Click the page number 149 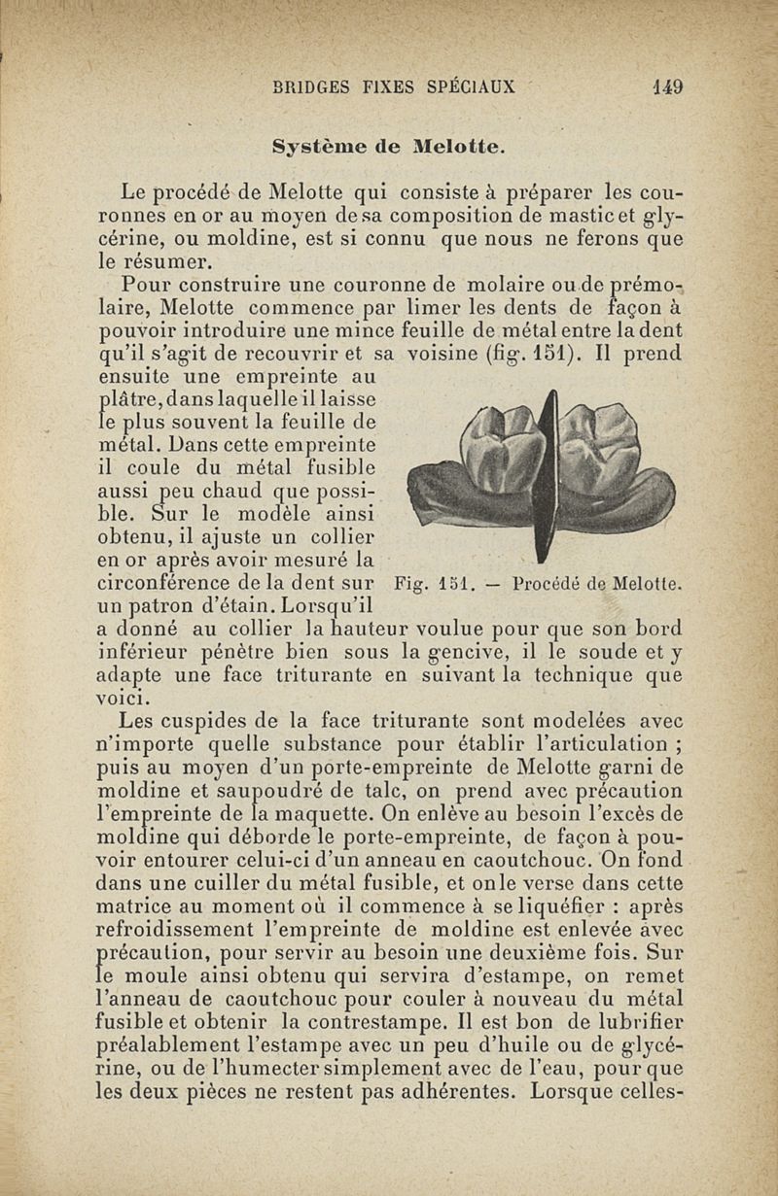click(668, 85)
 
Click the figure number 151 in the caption click(453, 585)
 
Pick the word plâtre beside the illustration click(133, 399)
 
